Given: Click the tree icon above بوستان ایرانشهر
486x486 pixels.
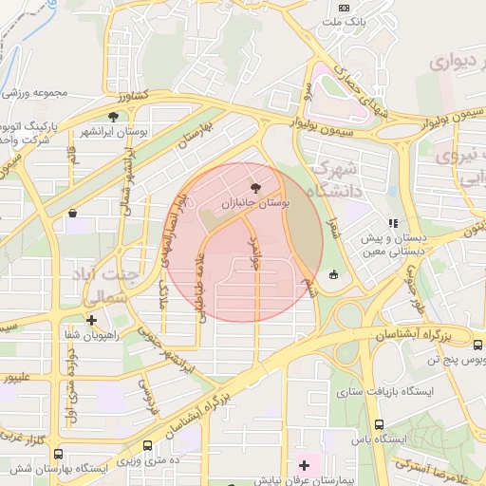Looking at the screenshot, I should pos(114,117).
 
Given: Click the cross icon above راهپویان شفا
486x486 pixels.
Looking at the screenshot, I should pos(91,320).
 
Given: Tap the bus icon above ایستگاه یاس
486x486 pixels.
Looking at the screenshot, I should pos(380,425).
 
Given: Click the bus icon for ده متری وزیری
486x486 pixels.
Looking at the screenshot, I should pos(147,445).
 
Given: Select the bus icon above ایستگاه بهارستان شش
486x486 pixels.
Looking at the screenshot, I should pos(59,455).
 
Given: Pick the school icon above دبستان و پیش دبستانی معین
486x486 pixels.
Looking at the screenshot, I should pos(393,224).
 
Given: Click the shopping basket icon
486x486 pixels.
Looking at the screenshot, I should pos(72,215).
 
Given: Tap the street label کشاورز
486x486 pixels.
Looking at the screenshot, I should pos(134,97).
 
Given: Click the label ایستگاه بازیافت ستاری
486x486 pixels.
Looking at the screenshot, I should pos(385,391).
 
